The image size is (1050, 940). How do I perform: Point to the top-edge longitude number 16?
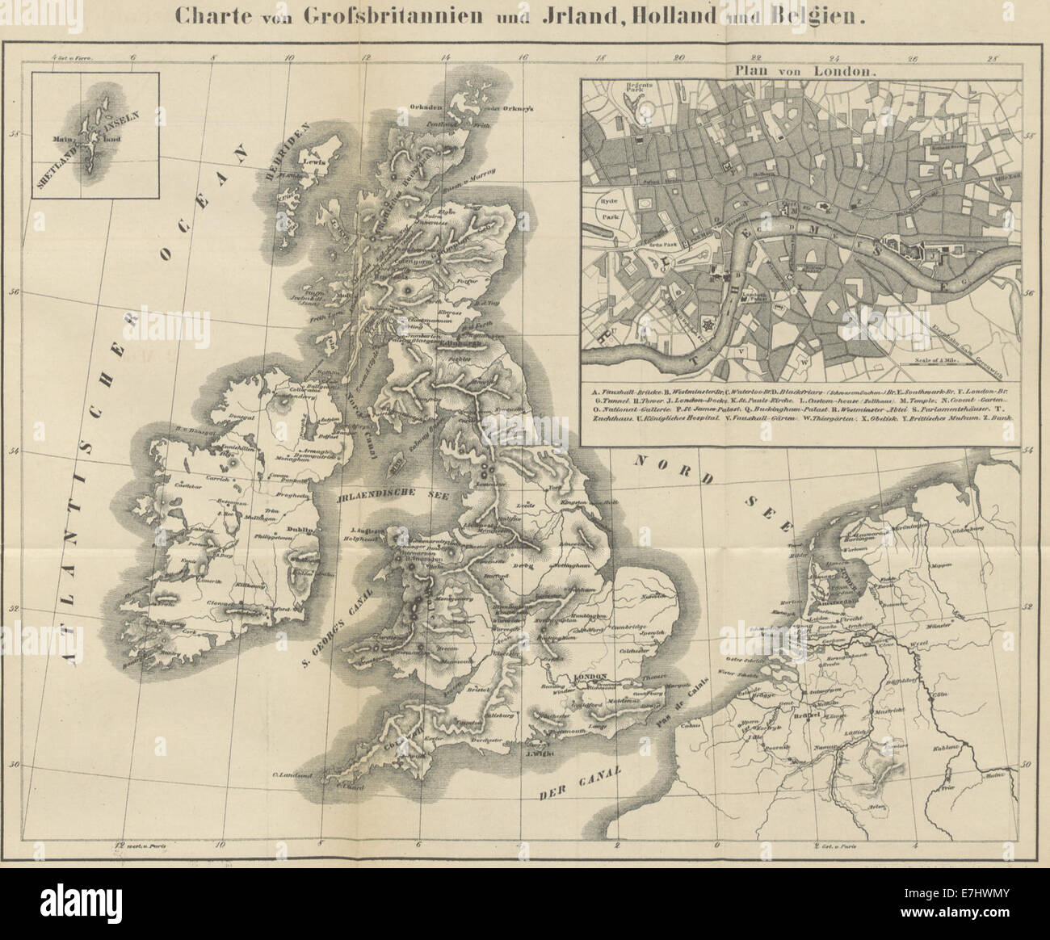coord(523,57)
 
